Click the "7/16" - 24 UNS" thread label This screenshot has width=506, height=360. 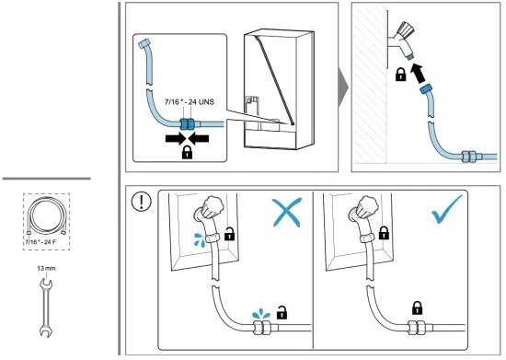(190, 102)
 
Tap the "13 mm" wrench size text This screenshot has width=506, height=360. (47, 268)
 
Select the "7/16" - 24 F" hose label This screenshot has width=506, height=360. (41, 242)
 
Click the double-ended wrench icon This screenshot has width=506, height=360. (45, 308)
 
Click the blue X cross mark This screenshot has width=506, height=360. (287, 212)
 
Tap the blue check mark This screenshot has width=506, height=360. (446, 210)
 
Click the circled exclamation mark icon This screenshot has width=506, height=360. (142, 202)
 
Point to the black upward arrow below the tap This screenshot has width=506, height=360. (419, 73)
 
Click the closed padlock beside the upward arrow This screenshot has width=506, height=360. (400, 75)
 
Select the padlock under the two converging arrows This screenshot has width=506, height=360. (187, 152)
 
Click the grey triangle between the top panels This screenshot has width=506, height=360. (343, 87)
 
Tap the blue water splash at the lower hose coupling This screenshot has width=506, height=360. (260, 314)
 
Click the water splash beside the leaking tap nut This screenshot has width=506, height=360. (200, 240)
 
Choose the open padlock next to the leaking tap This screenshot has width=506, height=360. (229, 234)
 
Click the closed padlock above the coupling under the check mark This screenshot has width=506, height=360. (418, 308)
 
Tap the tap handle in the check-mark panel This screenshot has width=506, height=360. (369, 205)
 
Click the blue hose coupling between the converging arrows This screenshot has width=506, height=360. (187, 124)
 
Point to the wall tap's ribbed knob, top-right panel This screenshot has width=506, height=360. (406, 30)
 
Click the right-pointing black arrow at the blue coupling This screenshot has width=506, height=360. (175, 138)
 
